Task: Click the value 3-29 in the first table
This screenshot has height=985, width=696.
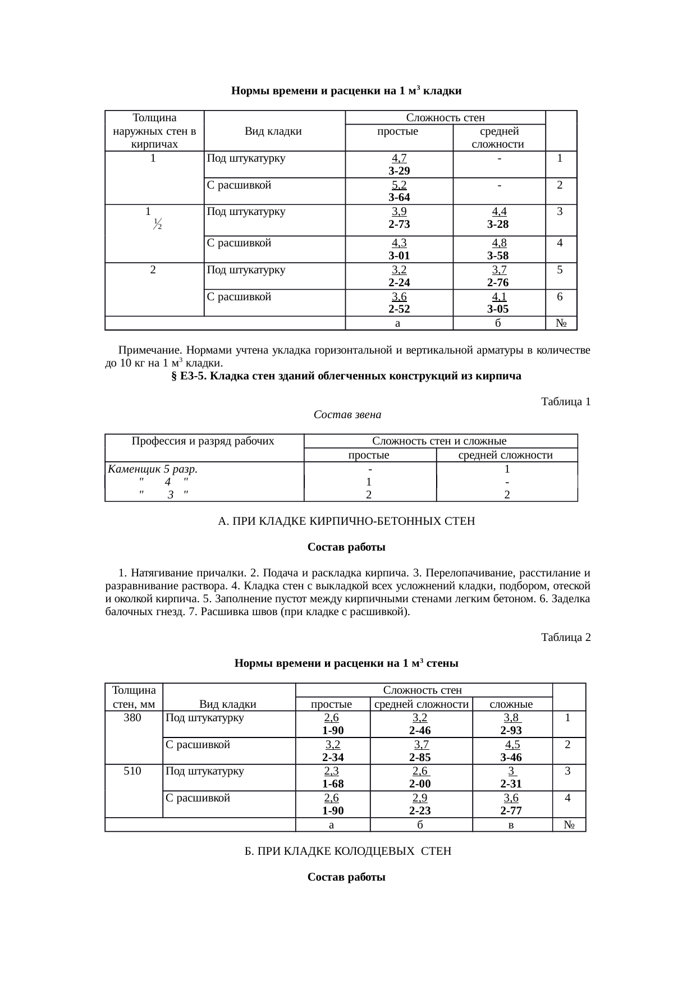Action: pyautogui.click(x=399, y=171)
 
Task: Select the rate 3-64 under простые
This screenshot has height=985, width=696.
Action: pyautogui.click(x=399, y=198)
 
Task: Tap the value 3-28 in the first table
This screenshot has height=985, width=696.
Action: pyautogui.click(x=498, y=225)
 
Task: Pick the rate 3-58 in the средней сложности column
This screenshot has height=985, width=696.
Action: pyautogui.click(x=498, y=256)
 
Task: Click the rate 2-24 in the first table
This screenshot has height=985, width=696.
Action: pyautogui.click(x=399, y=283)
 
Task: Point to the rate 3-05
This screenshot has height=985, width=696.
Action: pyautogui.click(x=498, y=309)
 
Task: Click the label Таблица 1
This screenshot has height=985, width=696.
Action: pyautogui.click(x=565, y=402)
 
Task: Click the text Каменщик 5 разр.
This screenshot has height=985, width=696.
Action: pyautogui.click(x=153, y=469)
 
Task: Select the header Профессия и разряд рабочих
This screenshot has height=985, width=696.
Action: pyautogui.click(x=203, y=441)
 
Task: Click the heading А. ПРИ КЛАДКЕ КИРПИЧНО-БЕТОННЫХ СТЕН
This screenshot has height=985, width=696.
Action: pyautogui.click(x=346, y=521)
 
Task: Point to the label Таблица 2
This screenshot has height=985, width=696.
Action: pyautogui.click(x=565, y=638)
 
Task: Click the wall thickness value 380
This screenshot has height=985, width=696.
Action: pyautogui.click(x=132, y=718)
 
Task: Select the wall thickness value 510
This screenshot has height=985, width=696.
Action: pyautogui.click(x=132, y=771)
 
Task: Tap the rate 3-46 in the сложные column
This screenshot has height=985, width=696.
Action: pyautogui.click(x=511, y=757)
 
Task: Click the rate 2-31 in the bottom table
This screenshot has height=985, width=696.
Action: pyautogui.click(x=511, y=784)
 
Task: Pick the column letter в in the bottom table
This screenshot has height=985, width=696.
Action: pyautogui.click(x=512, y=825)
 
